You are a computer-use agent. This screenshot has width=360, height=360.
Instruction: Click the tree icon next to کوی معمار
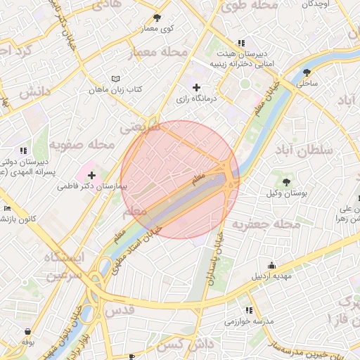pos(157,18)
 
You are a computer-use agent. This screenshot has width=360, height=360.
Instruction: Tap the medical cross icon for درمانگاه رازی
pos(196,87)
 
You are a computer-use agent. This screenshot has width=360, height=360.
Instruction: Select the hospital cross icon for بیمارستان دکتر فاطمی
pos(91,174)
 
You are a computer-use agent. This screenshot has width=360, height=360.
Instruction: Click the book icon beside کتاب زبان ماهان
pos(116,79)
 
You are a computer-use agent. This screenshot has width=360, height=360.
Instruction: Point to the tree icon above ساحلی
pos(307,72)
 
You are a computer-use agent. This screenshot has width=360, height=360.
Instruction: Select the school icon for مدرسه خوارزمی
pos(248,309)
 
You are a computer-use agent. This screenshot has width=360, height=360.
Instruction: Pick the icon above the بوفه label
pos(27,331)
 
